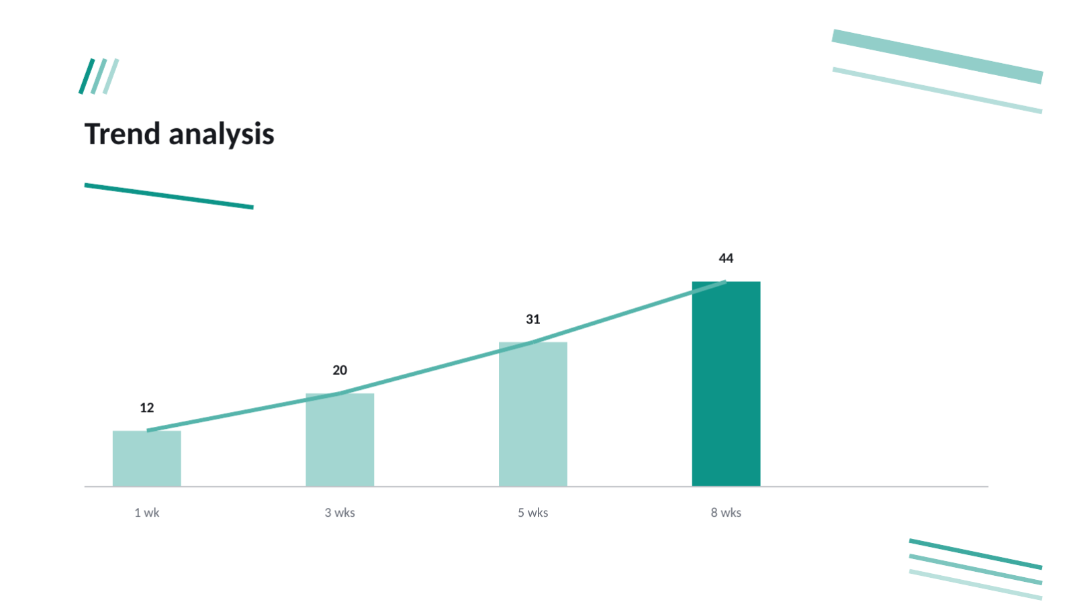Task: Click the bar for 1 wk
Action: coord(146,458)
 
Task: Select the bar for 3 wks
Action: coord(340,440)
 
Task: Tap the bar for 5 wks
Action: coord(532,414)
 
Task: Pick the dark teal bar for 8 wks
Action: coord(726,384)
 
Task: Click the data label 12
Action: coord(146,408)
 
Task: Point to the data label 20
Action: coord(340,370)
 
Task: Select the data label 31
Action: coord(532,319)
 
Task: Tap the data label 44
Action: coord(726,258)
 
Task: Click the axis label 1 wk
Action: coord(146,513)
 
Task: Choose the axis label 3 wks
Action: coord(340,513)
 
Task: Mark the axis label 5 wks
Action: coord(532,513)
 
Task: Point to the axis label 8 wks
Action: coord(726,513)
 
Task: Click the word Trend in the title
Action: coord(122,134)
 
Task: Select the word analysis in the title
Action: coord(222,135)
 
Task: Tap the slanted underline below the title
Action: coord(169,196)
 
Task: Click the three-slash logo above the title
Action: coord(99,77)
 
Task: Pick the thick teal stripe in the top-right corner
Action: coord(937,56)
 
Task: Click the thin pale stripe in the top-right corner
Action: coord(937,91)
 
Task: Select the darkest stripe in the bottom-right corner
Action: coord(976,554)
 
